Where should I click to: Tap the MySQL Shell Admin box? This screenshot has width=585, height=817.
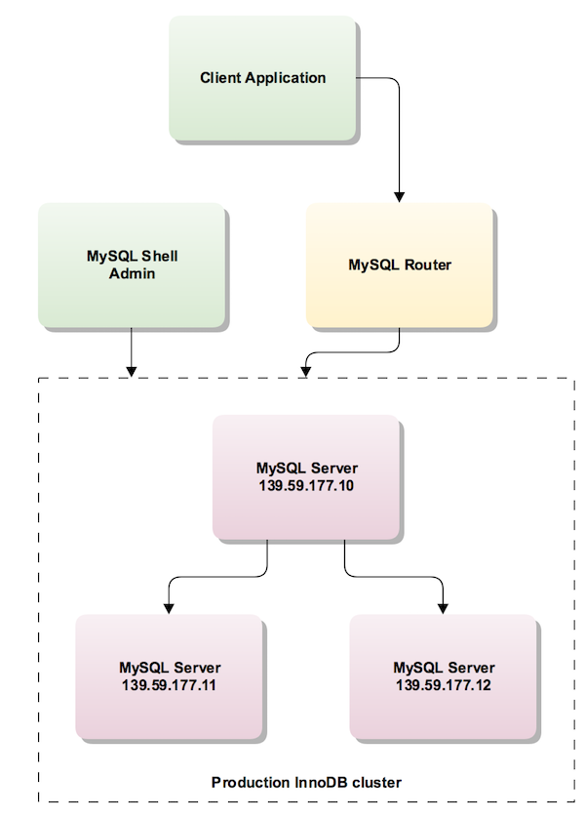(132, 265)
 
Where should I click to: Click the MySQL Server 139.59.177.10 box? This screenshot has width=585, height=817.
(306, 476)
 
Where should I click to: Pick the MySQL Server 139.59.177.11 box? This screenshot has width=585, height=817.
(169, 675)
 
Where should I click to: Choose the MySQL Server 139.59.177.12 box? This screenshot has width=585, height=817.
(443, 675)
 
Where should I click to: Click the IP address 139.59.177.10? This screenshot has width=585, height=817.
(307, 485)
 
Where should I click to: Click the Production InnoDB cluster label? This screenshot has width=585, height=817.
(306, 782)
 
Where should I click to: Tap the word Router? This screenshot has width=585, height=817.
(426, 265)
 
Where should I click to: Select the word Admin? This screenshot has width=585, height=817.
(133, 273)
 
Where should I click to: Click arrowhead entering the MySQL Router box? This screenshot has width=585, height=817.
(399, 195)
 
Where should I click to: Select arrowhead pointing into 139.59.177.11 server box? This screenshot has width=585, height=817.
(169, 607)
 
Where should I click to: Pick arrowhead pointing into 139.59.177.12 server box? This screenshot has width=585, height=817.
(443, 607)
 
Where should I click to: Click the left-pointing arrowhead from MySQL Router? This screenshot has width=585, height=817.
(307, 370)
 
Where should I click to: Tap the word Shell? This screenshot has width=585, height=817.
(159, 257)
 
